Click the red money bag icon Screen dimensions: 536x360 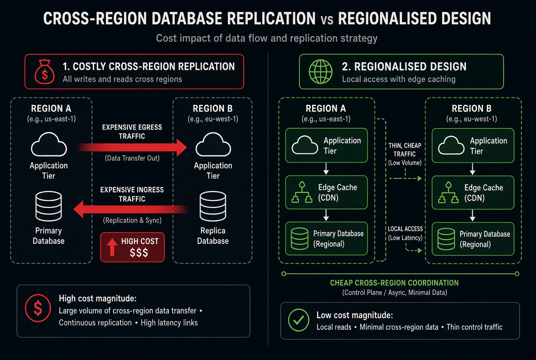(45, 72)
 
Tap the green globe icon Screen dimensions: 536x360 (320, 72)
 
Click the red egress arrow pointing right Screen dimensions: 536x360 (132, 147)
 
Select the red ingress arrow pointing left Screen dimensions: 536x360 (131, 209)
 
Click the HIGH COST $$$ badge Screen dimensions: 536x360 (132, 247)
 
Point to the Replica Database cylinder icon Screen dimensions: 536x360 (213, 206)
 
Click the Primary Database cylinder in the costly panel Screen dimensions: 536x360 (49, 206)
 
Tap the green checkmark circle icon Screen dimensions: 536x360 (298, 320)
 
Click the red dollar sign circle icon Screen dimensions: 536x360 (38, 308)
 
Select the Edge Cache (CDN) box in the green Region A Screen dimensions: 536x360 (326, 192)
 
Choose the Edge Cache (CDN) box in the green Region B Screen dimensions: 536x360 (473, 192)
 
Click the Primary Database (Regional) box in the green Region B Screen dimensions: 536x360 (473, 239)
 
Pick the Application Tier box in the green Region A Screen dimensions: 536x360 (326, 146)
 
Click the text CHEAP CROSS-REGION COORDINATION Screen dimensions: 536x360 (394, 283)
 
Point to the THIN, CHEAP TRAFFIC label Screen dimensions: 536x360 (405, 150)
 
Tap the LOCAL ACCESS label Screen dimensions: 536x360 (405, 229)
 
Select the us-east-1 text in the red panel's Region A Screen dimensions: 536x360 (60, 119)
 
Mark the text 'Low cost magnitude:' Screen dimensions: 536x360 (354, 315)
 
